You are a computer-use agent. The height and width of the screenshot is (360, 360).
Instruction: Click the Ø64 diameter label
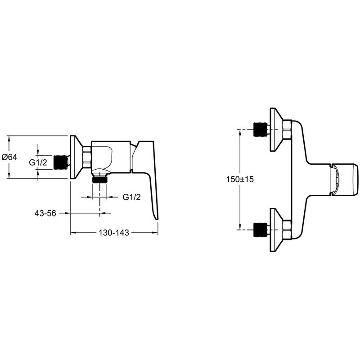9,157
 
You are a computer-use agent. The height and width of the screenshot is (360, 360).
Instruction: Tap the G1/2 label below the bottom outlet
132,197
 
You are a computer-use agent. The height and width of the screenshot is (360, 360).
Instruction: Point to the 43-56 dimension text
45,213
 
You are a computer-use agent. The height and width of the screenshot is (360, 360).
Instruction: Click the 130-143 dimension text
115,233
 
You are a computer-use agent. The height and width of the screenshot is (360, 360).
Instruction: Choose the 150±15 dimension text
240,179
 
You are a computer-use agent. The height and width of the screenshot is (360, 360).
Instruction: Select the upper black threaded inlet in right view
260,130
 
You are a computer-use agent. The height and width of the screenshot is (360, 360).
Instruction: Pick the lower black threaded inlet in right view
260,229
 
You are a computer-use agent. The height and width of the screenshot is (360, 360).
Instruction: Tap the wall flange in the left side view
74,157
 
